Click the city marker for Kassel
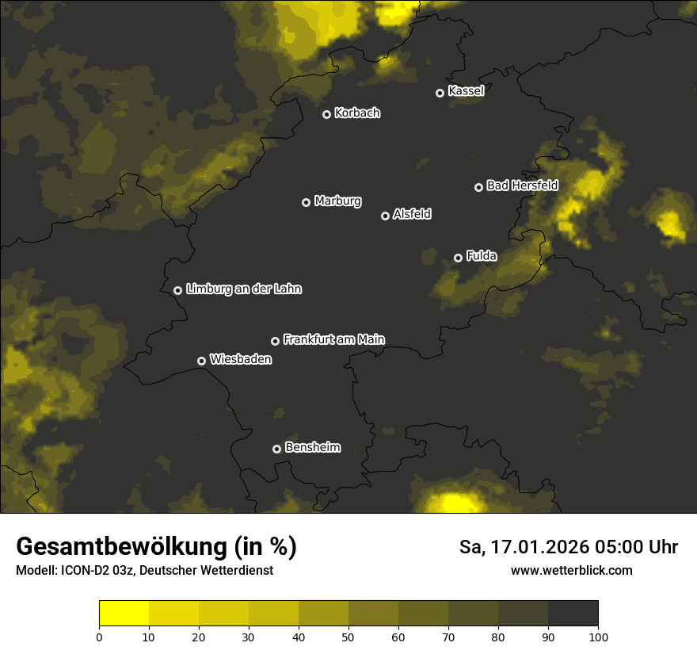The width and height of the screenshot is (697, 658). click(x=440, y=93)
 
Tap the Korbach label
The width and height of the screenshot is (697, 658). click(x=357, y=113)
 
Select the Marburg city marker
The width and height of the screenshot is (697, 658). click(x=306, y=202)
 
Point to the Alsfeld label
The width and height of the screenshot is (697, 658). click(x=412, y=214)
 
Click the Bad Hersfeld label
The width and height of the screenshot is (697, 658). click(x=522, y=186)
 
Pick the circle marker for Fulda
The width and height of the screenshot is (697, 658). click(x=458, y=258)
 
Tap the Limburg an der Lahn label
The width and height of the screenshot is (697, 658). click(x=243, y=289)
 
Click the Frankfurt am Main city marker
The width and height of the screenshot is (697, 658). click(x=275, y=341)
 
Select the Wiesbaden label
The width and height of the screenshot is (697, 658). click(x=241, y=360)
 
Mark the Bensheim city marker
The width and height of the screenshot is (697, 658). click(x=276, y=449)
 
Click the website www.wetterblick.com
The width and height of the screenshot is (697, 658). click(x=571, y=570)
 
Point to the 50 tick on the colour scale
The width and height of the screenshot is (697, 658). click(x=348, y=637)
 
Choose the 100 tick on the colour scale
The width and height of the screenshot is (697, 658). click(x=598, y=637)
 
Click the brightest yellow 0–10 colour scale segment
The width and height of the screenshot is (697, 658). click(x=124, y=614)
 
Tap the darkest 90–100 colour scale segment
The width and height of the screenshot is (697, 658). click(x=573, y=614)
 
